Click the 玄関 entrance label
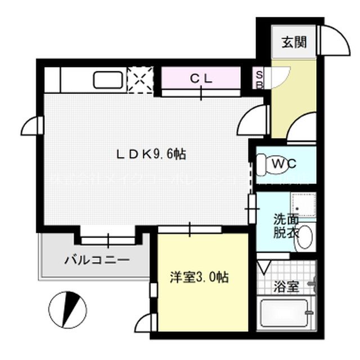(x=294, y=42)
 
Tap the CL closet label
(x=201, y=79)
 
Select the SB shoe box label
(x=260, y=78)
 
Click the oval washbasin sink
(x=305, y=238)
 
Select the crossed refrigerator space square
(x=140, y=79)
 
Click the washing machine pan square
(x=304, y=204)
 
